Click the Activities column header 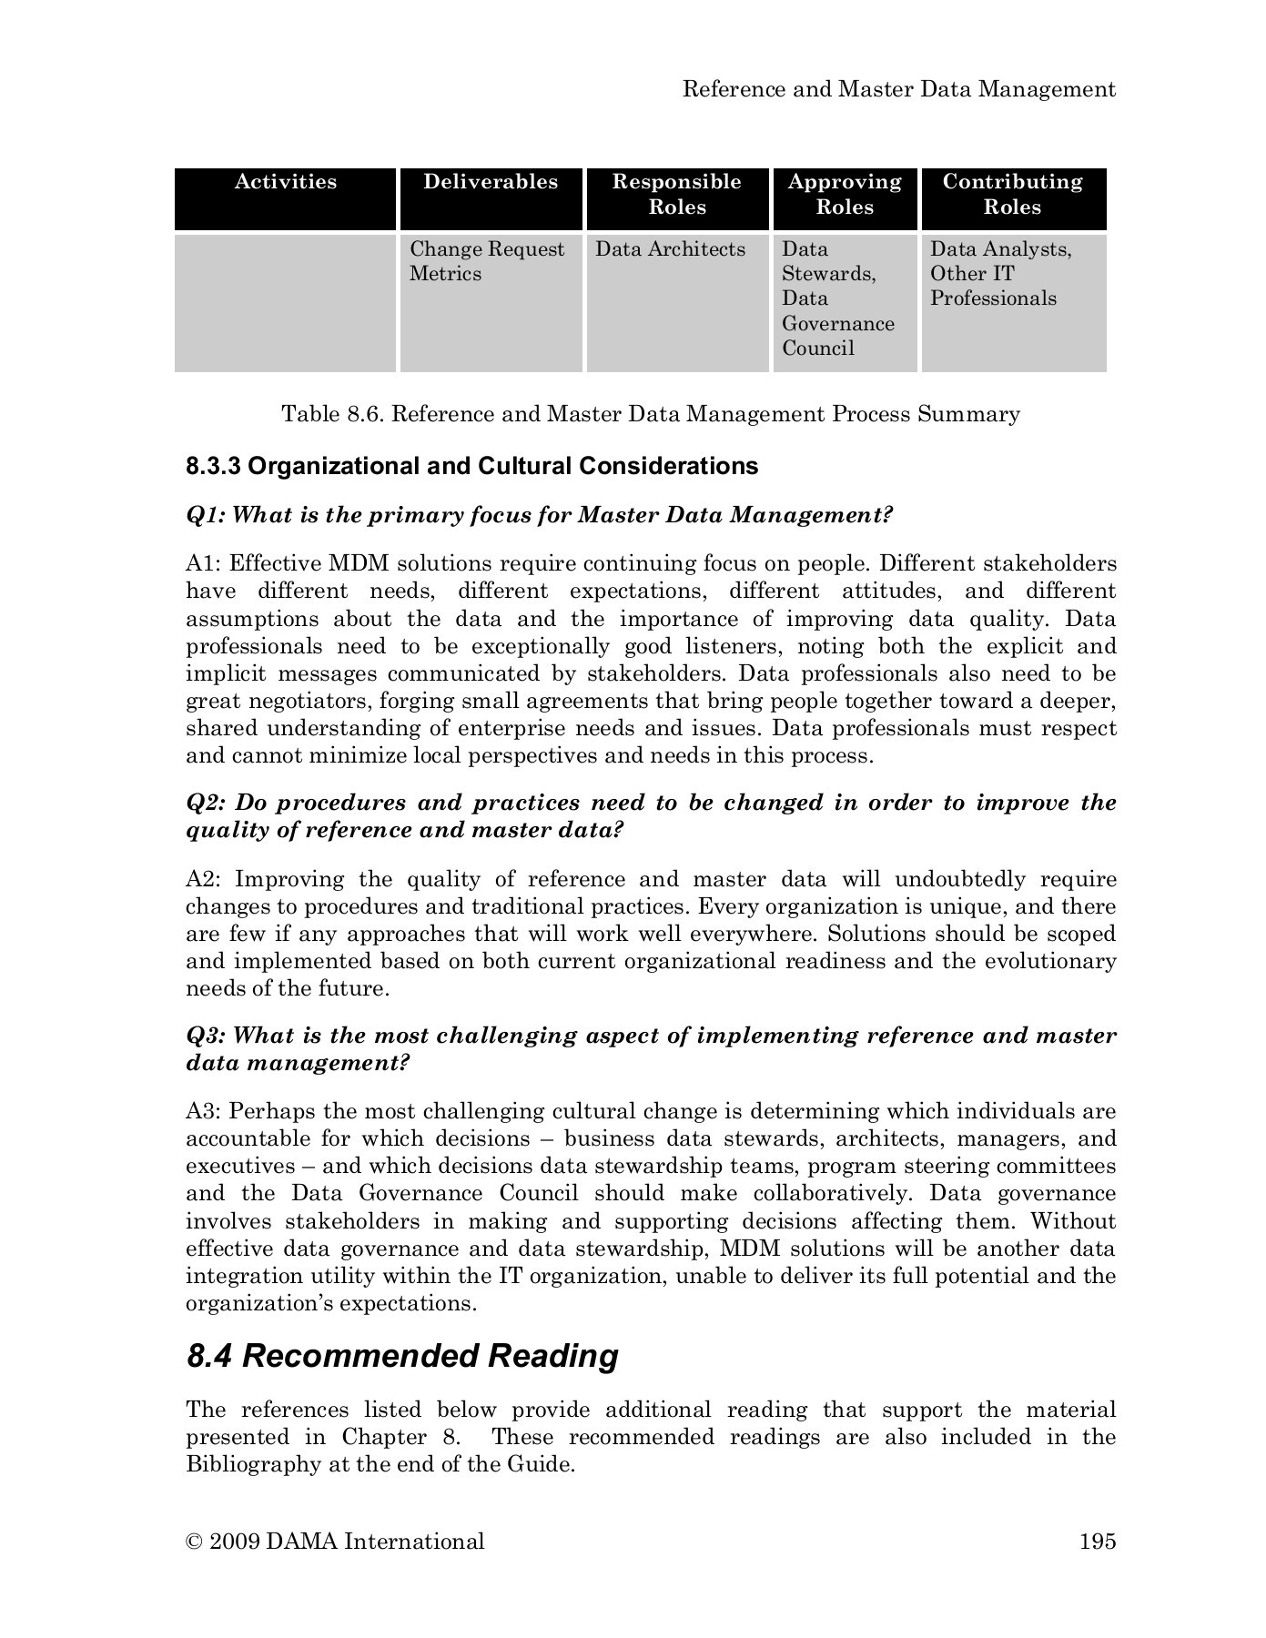[286, 182]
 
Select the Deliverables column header [491, 182]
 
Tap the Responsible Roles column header [677, 195]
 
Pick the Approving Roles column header [845, 195]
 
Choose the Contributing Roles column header [1013, 195]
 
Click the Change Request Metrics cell [487, 262]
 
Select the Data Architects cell [670, 249]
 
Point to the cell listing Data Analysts [1001, 274]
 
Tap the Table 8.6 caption [651, 415]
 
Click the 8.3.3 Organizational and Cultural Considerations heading [471, 467]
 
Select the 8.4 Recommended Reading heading [402, 1356]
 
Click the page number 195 [1097, 1542]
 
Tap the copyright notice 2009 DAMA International [335, 1542]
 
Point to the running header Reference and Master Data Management [899, 89]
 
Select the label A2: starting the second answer [206, 880]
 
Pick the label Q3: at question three [206, 1036]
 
